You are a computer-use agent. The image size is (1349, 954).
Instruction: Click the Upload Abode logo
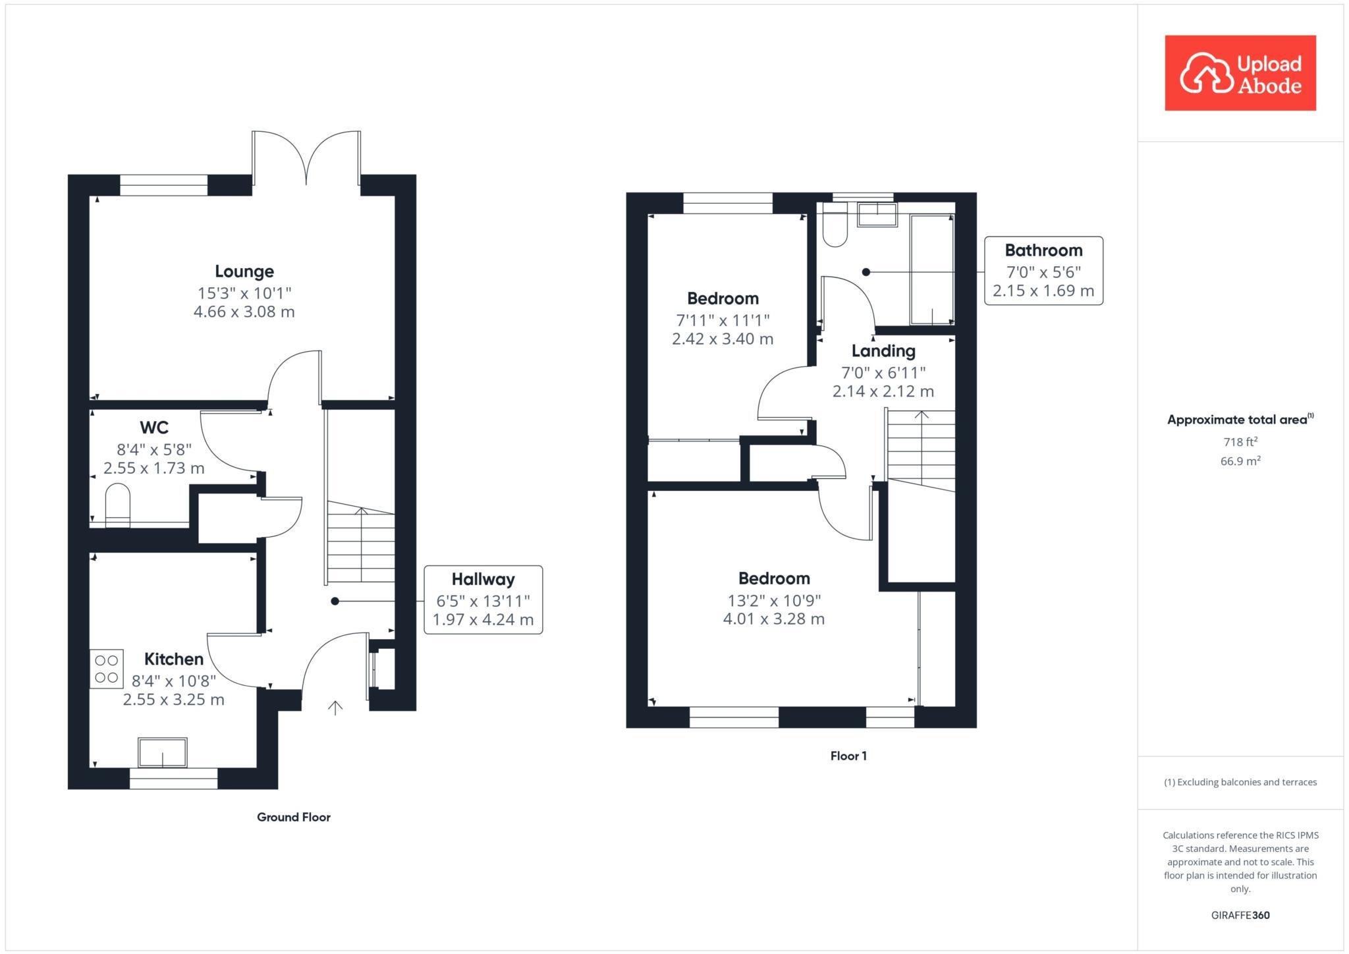[x=1240, y=73]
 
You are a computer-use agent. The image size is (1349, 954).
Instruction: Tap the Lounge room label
[x=244, y=271]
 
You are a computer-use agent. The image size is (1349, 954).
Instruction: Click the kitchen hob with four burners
[x=106, y=669]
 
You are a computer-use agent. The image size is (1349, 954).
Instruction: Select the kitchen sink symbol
[x=162, y=752]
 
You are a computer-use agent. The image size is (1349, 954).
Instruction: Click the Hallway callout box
[x=483, y=600]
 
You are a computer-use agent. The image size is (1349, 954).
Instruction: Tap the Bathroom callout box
[x=1043, y=271]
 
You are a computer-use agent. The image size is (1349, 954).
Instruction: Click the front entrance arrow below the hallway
[x=335, y=708]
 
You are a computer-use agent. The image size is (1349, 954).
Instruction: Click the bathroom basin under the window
[x=877, y=215]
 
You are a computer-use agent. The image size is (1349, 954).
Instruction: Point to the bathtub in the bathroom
[x=931, y=269]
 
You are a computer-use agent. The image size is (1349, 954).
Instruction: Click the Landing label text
[x=883, y=351]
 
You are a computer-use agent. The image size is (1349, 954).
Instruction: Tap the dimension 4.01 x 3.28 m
[x=773, y=619]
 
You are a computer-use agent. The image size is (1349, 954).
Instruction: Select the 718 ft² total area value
[x=1240, y=442]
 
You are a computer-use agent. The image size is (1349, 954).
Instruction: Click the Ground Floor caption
[x=293, y=817]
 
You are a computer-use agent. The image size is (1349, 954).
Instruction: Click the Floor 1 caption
[x=848, y=756]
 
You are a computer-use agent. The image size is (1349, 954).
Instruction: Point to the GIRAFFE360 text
[x=1240, y=915]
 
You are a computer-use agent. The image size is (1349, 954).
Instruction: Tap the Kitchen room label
[x=173, y=659]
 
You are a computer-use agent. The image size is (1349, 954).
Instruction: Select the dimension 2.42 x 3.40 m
[x=722, y=339]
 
